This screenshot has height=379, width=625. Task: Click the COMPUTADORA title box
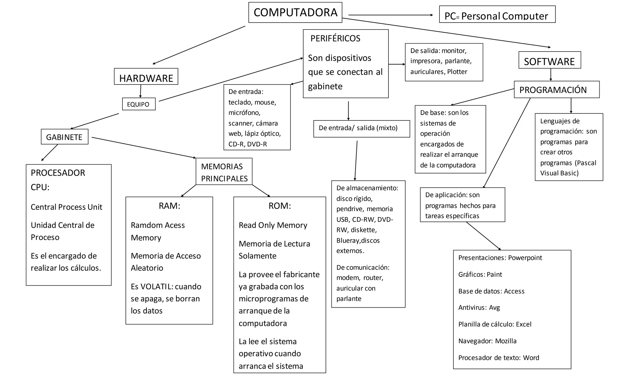click(x=295, y=13)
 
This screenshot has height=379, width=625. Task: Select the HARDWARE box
click(x=146, y=77)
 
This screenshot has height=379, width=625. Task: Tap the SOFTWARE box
click(x=549, y=60)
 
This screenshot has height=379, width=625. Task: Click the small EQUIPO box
click(x=139, y=104)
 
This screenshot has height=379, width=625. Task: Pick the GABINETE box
click(x=64, y=137)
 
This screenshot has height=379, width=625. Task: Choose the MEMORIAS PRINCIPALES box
click(x=224, y=172)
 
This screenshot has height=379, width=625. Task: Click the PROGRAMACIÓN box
click(x=556, y=90)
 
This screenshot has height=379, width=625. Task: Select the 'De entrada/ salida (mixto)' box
click(x=361, y=128)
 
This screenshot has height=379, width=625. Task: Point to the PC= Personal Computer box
click(x=497, y=15)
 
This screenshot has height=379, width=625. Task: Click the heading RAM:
click(x=169, y=206)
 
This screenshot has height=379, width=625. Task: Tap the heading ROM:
click(x=280, y=206)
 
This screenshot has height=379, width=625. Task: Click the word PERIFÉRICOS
click(x=335, y=39)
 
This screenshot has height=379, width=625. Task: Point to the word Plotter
click(x=457, y=72)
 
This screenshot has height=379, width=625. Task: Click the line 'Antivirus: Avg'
click(x=479, y=308)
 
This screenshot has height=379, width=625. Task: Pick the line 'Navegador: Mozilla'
click(x=487, y=341)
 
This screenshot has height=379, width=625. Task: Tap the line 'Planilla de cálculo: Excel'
click(x=494, y=324)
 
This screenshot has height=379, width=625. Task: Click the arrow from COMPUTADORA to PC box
click(x=390, y=15)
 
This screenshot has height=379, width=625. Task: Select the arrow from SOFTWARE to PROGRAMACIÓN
click(x=551, y=75)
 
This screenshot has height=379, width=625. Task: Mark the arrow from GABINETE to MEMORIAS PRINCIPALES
click(x=143, y=148)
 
